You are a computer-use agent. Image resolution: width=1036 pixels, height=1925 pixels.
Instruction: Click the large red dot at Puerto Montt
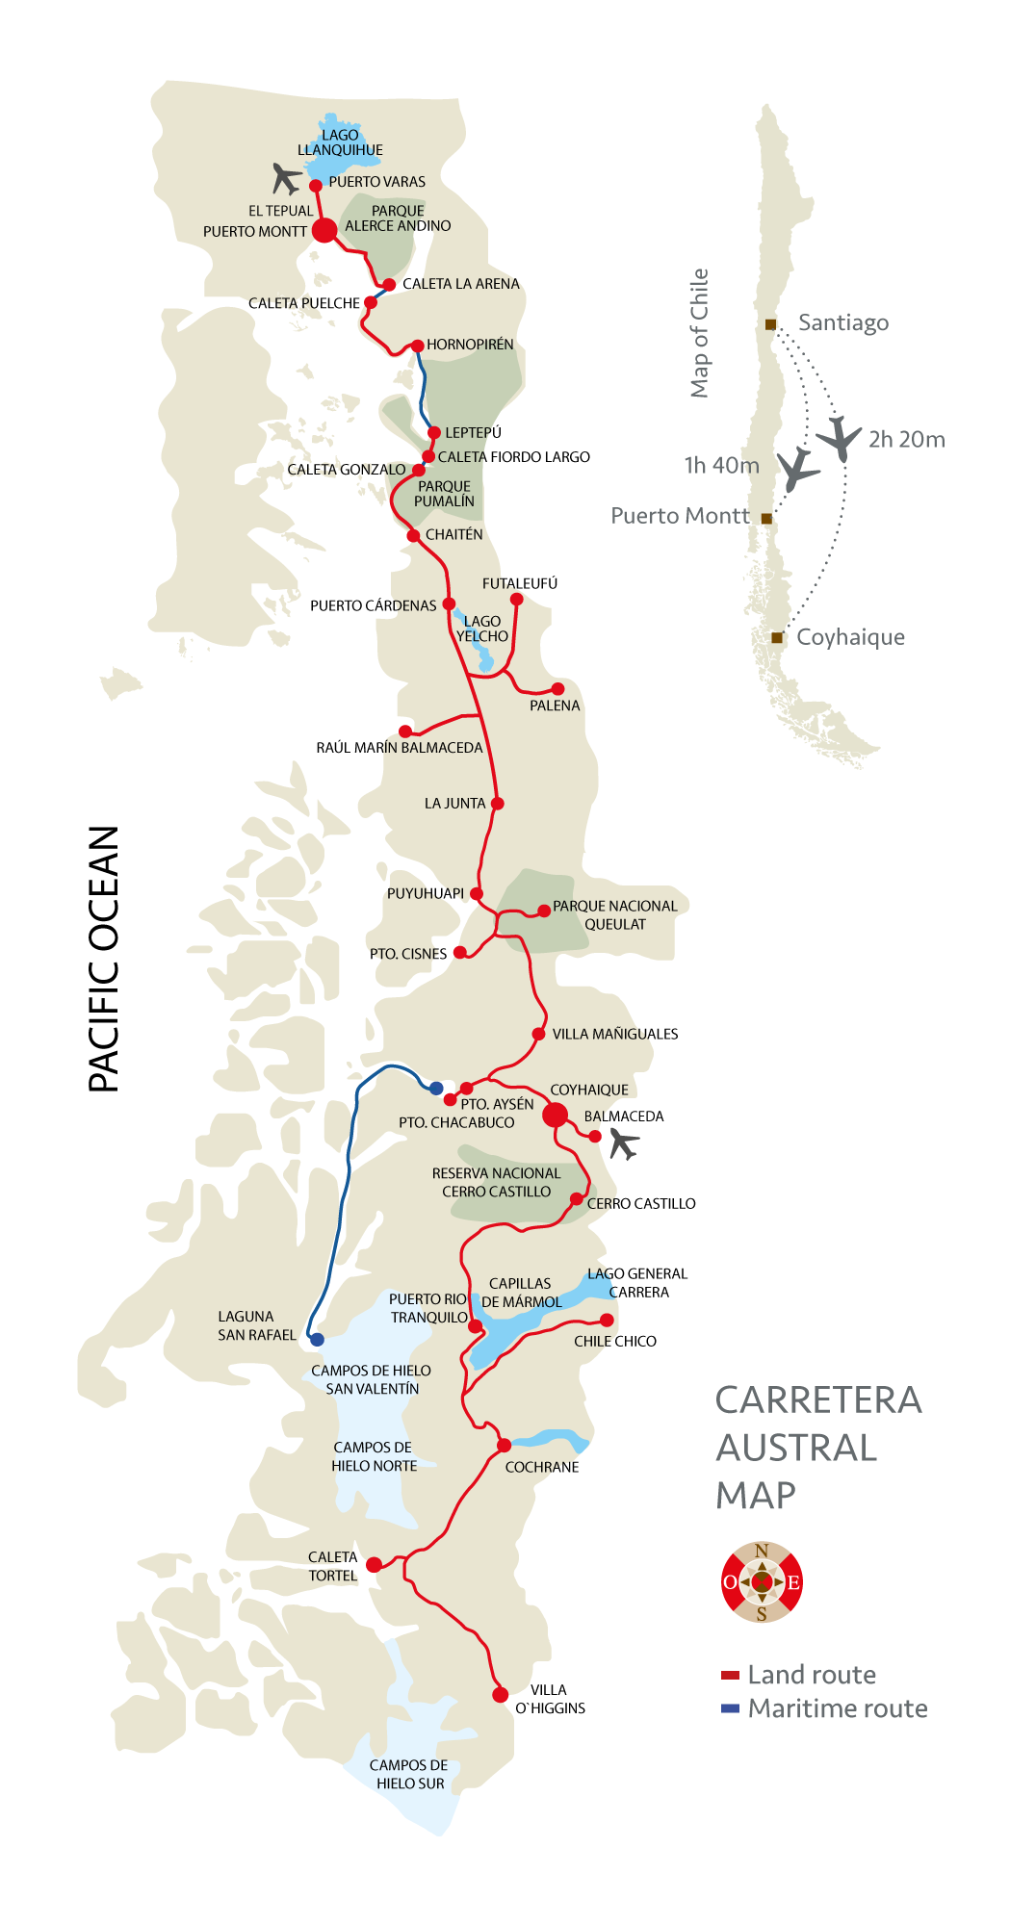(325, 230)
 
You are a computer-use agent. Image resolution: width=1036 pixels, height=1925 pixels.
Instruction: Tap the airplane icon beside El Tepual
(286, 178)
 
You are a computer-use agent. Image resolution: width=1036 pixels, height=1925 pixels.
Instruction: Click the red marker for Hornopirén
(418, 346)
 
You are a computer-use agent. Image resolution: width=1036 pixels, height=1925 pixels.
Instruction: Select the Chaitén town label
(453, 535)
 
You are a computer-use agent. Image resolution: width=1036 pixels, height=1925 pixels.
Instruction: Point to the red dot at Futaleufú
(516, 600)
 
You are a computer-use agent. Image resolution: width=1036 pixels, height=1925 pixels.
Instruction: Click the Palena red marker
(557, 689)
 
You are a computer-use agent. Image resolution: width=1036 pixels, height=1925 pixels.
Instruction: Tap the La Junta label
(454, 804)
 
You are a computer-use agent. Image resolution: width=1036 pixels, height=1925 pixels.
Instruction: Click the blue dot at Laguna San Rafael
(317, 1339)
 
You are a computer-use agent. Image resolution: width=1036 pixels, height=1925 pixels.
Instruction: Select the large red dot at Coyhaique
(556, 1116)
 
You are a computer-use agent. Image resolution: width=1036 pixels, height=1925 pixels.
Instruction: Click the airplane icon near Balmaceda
(624, 1144)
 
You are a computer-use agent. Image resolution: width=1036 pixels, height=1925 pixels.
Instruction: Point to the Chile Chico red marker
(607, 1320)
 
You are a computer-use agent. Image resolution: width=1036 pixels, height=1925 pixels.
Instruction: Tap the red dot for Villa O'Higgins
(500, 1695)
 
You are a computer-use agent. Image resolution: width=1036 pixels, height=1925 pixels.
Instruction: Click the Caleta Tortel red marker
(375, 1564)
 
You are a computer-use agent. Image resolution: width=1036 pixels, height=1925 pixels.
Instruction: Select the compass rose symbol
(762, 1581)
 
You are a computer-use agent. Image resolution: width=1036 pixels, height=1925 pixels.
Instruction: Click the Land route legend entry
(799, 1675)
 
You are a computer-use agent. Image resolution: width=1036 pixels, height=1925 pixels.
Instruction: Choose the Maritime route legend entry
(825, 1708)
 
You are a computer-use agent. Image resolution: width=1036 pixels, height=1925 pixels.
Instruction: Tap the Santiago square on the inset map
(770, 324)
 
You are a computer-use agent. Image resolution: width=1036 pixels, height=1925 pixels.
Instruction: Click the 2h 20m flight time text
(906, 440)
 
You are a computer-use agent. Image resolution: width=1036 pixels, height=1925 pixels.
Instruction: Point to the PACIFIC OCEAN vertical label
(104, 959)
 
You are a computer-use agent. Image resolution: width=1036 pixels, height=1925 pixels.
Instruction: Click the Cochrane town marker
(504, 1446)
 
